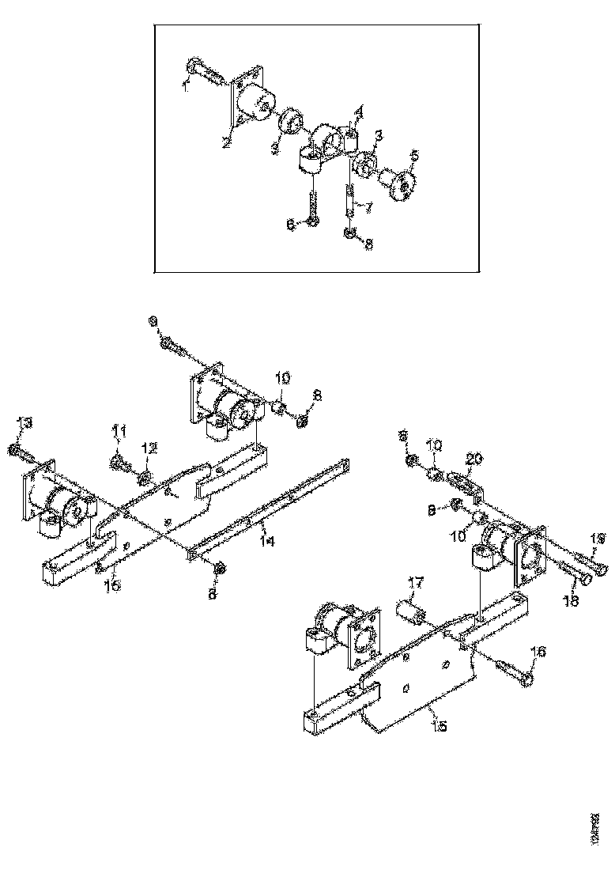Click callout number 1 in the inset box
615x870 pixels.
tap(186, 85)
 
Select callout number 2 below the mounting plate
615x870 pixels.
tap(226, 143)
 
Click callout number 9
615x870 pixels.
tap(153, 320)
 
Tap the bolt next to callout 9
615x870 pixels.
tap(175, 344)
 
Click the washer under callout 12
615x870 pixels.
tap(145, 478)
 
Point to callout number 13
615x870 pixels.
tap(25, 425)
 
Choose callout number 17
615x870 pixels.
tap(416, 584)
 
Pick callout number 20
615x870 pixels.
tap(474, 458)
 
